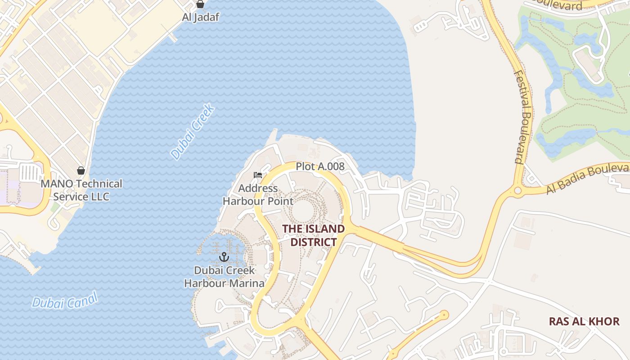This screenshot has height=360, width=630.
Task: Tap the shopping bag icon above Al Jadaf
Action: (200, 4)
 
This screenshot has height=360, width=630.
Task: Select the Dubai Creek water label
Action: (192, 131)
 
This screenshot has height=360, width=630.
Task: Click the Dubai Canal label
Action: (64, 301)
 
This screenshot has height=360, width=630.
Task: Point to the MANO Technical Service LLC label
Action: (81, 190)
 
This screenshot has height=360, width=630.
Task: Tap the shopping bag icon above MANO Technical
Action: (81, 171)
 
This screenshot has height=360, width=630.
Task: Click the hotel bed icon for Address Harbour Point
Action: (258, 175)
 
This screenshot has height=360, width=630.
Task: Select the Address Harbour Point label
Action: (258, 194)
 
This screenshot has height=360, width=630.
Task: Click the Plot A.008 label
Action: (320, 166)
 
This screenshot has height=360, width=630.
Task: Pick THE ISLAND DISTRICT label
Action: (313, 235)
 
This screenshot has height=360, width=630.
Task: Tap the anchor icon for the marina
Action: (224, 257)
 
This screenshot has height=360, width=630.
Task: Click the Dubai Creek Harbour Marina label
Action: (224, 277)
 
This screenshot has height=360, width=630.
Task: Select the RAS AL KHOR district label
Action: (584, 321)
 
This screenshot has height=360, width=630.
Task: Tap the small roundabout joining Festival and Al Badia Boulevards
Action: (517, 191)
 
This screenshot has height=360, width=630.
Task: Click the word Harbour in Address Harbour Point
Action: (245, 201)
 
